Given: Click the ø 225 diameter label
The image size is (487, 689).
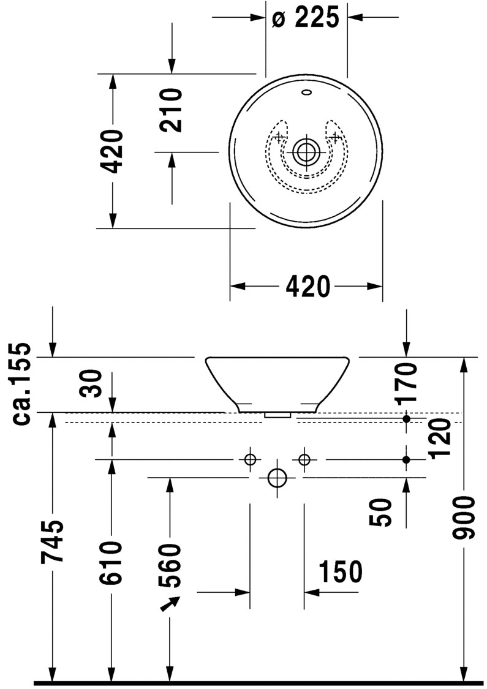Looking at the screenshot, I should coord(305,18).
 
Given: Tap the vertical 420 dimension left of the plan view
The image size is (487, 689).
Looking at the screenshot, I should coord(113,151).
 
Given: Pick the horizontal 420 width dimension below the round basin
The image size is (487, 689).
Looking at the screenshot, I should coord(306,286).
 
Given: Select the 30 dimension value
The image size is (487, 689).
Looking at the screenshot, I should coord(93,384).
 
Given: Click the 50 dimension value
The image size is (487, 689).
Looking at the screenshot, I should coord(382,512).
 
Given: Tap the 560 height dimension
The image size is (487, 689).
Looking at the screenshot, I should coord(170,563).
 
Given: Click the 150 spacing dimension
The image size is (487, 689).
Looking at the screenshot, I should coord(340,572).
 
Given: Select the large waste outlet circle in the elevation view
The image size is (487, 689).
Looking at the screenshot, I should coord(277,478).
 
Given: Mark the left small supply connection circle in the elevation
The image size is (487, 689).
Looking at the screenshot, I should coord(250,459).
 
